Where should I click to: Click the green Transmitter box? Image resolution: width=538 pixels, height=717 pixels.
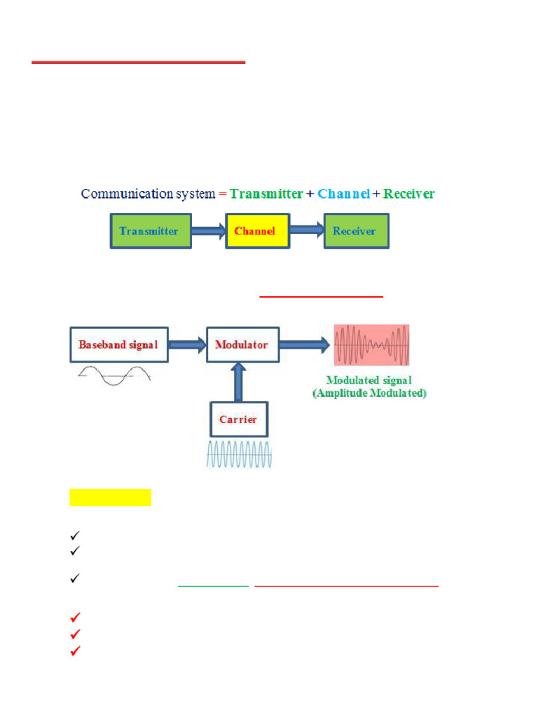click(150, 231)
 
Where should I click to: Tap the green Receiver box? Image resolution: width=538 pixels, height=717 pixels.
click(355, 231)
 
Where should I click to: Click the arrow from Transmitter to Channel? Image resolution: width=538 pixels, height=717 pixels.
click(208, 231)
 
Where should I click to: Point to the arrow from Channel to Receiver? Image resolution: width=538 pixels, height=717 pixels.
click(306, 231)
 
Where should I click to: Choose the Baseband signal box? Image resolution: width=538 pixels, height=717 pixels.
click(118, 344)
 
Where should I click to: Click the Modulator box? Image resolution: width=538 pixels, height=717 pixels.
click(242, 344)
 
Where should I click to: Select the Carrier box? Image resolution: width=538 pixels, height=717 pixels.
click(238, 419)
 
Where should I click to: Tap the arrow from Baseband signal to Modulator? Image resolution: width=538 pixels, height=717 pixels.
click(186, 344)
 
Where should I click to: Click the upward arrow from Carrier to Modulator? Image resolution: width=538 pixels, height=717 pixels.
click(238, 382)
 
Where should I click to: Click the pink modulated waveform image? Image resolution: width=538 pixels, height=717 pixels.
click(371, 345)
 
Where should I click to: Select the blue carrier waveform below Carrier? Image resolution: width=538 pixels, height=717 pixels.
click(238, 454)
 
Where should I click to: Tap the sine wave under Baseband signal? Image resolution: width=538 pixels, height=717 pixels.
click(114, 377)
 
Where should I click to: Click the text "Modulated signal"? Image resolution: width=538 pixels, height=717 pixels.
click(370, 381)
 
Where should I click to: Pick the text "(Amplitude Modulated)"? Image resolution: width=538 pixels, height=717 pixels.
click(370, 394)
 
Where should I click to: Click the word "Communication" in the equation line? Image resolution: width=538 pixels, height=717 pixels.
click(119, 194)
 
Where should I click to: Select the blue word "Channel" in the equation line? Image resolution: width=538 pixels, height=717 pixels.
click(343, 194)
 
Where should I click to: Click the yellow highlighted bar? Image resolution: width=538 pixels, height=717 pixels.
click(110, 497)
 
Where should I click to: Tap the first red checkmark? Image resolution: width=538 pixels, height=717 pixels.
click(76, 618)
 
